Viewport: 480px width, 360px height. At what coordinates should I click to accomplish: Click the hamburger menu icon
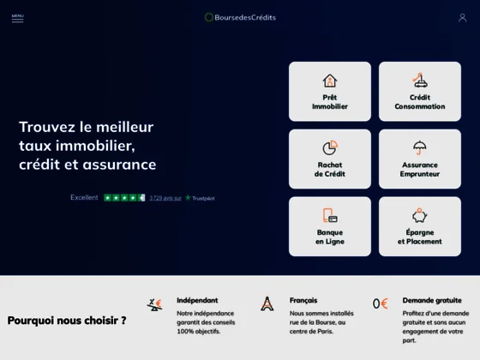tap(17, 17)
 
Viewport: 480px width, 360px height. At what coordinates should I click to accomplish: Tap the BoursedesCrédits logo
tap(240, 17)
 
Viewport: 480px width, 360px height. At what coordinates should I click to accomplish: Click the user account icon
tap(462, 17)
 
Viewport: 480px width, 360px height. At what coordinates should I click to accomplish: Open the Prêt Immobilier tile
tap(330, 92)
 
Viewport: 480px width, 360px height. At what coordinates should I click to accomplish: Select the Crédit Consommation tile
tap(420, 92)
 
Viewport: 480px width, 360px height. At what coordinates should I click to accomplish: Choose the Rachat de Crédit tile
tap(330, 159)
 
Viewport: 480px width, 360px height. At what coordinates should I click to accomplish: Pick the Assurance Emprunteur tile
tap(420, 159)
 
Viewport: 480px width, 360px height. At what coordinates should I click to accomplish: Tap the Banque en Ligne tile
tap(330, 227)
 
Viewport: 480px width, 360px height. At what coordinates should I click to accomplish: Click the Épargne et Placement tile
tap(420, 227)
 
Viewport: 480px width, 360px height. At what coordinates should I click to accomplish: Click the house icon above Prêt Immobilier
tap(330, 81)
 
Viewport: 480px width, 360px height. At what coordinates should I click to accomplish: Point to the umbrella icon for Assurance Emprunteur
tap(420, 147)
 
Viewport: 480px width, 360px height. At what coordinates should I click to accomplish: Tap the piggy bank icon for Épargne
tap(420, 215)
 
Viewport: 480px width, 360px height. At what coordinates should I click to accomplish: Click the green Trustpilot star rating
tap(124, 198)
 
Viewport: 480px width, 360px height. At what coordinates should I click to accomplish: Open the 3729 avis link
tap(165, 198)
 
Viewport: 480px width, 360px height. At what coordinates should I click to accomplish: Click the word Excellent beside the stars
tap(84, 198)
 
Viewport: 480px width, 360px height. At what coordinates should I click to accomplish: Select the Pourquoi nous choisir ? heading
tap(67, 321)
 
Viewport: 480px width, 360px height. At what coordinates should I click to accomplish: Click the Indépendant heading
tap(197, 301)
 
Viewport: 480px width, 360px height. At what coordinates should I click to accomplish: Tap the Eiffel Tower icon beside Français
tap(267, 303)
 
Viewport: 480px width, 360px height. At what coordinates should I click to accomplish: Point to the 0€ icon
tap(381, 303)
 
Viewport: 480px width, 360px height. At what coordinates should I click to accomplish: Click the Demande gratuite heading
tap(432, 301)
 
